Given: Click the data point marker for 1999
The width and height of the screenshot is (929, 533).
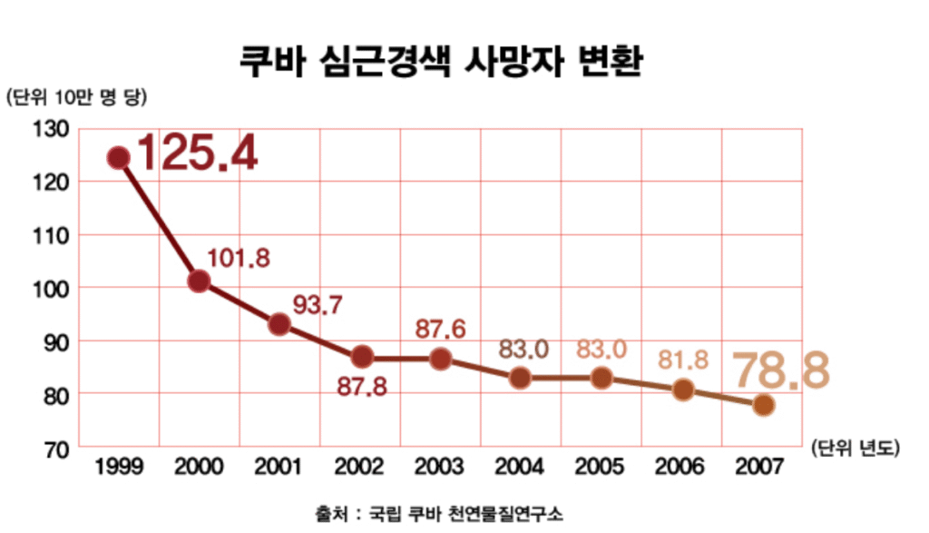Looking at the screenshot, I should pos(118,158).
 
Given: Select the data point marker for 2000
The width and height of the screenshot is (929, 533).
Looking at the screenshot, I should pos(199,281).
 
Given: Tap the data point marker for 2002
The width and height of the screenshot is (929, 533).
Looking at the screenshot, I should pos(361,356).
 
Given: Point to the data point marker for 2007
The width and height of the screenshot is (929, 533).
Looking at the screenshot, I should pos(763,405).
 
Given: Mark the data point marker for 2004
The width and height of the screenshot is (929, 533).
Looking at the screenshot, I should pos(520,378).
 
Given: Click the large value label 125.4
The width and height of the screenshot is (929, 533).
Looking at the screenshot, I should pos(196,153).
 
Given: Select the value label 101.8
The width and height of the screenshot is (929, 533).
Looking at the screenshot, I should pos(239,258).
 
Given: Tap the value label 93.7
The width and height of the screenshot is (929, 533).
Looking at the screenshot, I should pos(317,305).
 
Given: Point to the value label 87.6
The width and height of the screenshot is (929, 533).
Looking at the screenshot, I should pos(440,329).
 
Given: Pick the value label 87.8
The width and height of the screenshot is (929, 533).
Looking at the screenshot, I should pos(362,386).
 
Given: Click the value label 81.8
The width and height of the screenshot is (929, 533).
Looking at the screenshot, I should pos(683,360).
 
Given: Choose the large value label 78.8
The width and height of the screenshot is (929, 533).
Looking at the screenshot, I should pos(781,370).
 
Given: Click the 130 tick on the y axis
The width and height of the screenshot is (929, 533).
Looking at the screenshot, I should pos(52,129).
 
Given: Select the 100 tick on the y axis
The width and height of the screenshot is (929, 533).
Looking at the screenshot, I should pos(52,288).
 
